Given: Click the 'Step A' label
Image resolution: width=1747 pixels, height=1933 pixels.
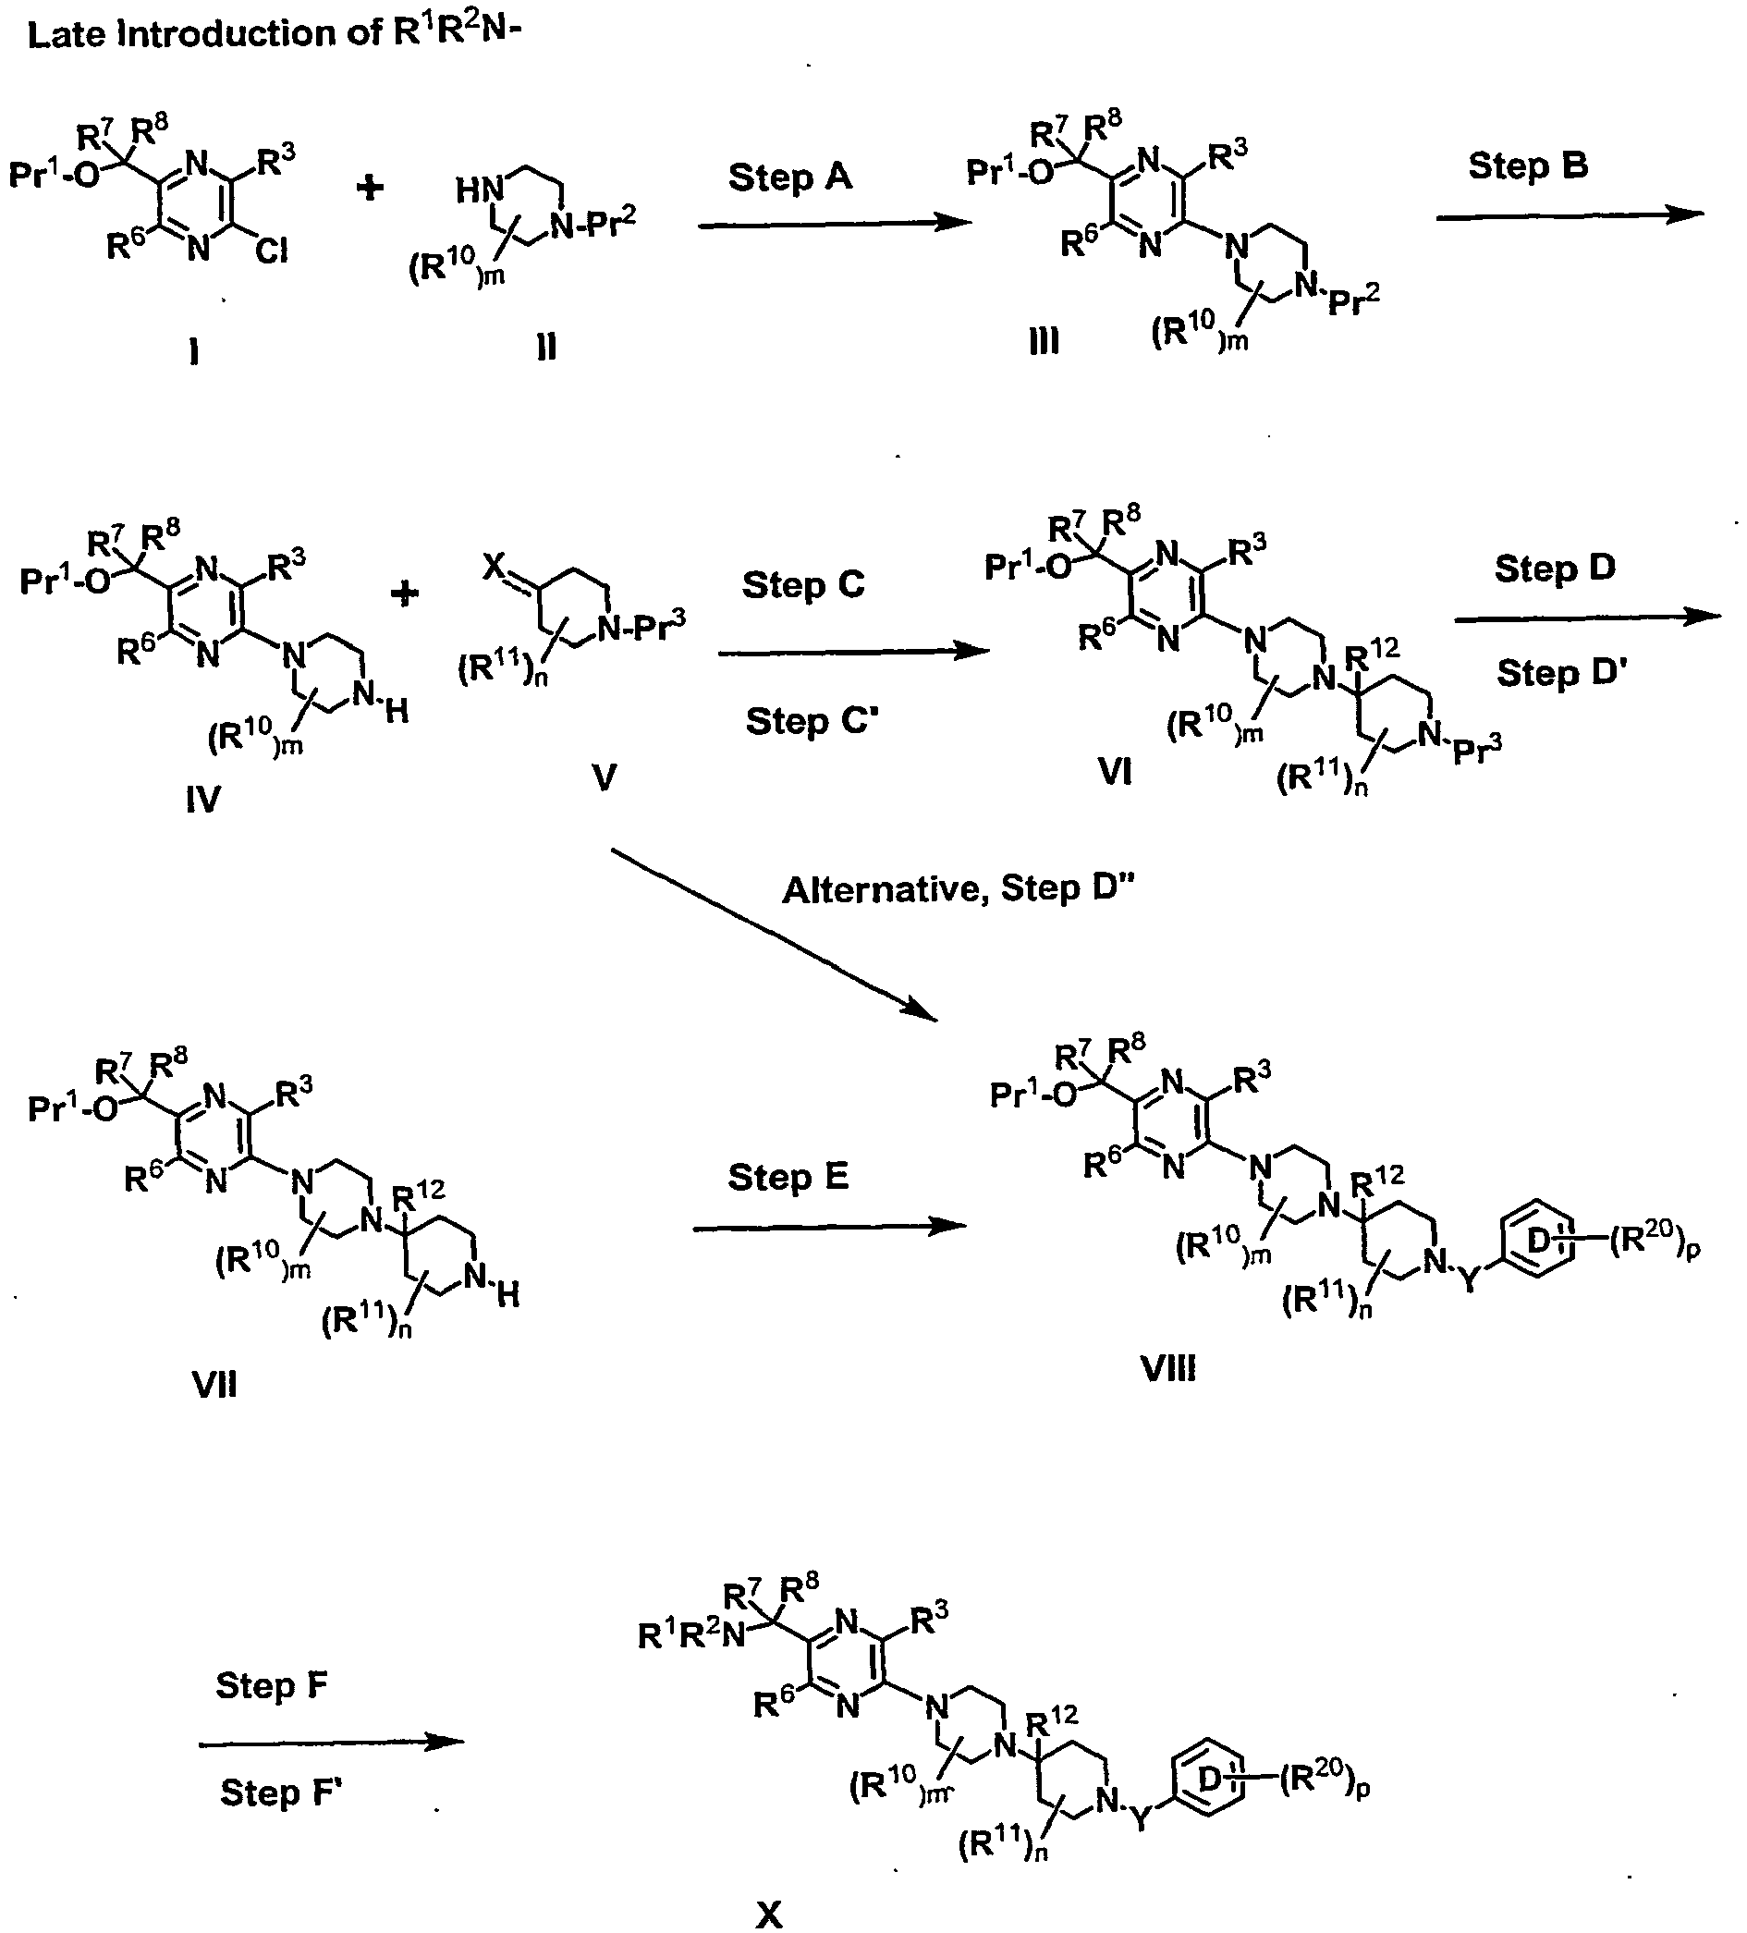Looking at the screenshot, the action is tap(790, 177).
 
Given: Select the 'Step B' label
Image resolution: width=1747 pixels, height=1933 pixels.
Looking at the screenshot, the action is tap(1527, 165).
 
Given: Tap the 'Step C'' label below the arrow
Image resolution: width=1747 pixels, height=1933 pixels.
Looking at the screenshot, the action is tap(812, 721).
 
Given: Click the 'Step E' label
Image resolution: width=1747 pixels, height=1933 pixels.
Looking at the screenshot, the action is tap(788, 1177).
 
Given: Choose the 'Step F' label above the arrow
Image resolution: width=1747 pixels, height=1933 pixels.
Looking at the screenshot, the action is tap(272, 1684).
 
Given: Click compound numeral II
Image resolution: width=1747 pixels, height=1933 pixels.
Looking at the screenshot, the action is tap(546, 346).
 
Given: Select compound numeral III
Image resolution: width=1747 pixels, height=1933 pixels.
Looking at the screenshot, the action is tap(1045, 340).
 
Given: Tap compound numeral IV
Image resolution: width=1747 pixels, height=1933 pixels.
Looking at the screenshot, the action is tap(203, 799).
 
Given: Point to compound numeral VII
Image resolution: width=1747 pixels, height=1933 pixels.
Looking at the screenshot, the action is tap(214, 1385).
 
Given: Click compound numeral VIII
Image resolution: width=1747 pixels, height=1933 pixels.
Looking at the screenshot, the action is tap(1168, 1368).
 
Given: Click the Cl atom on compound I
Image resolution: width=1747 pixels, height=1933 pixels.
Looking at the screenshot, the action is tap(272, 251).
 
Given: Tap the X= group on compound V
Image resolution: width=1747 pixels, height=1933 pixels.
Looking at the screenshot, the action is tap(495, 569).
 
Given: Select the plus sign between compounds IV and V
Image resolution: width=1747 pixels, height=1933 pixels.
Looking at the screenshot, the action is tap(405, 594).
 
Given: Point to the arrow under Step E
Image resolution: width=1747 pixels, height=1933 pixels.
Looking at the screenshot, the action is tap(829, 1229).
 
